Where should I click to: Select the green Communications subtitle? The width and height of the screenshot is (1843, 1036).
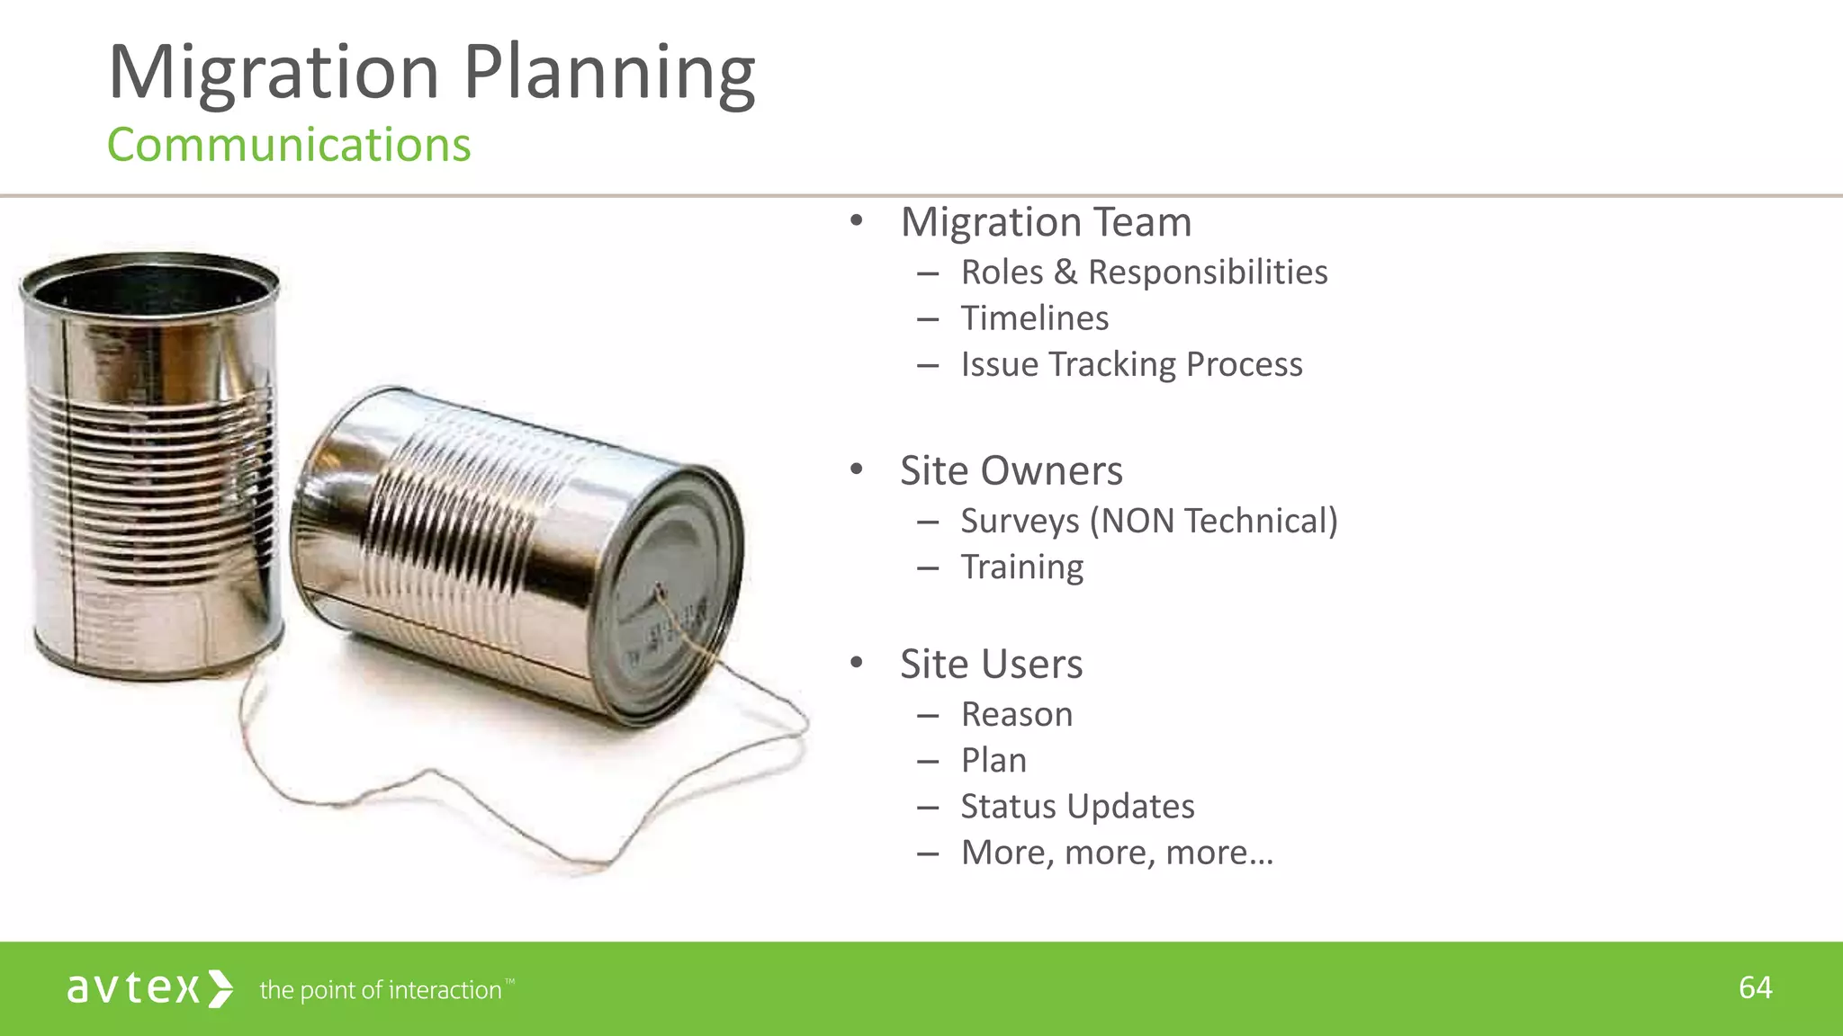tap(289, 145)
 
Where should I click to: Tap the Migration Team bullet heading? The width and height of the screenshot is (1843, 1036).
tap(1046, 222)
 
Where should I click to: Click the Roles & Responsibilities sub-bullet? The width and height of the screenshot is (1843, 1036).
tap(1144, 272)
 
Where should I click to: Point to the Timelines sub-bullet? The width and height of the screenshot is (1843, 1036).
tap(1034, 318)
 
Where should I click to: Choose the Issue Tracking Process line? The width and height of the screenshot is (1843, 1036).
tap(1131, 364)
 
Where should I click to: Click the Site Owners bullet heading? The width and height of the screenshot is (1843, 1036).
tap(1011, 470)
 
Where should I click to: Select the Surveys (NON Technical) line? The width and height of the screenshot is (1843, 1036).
tap(1149, 522)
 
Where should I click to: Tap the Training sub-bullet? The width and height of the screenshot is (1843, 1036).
tap(1021, 567)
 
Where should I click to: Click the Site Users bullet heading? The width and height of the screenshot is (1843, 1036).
tap(991, 665)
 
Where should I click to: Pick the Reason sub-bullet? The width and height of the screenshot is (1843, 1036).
tap(1016, 715)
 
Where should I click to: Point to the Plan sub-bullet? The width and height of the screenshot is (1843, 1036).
tap(993, 761)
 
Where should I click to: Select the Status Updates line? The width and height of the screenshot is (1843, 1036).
tap(1077, 807)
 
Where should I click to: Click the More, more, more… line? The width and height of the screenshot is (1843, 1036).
tap(1117, 853)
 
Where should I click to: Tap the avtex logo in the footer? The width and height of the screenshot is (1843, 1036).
tap(149, 988)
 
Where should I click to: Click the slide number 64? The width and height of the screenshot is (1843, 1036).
tap(1755, 987)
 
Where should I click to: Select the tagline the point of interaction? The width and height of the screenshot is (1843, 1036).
tap(381, 990)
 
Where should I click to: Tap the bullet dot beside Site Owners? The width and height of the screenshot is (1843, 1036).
tap(856, 469)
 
